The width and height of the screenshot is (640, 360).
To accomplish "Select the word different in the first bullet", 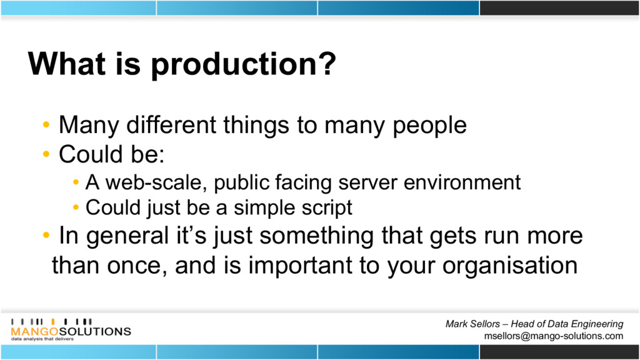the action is (171, 124).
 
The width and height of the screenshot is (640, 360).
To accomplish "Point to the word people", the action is (430, 126).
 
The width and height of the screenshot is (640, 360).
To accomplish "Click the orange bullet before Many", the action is (46, 124).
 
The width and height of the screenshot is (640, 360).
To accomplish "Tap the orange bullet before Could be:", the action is (46, 154).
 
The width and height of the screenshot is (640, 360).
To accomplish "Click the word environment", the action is (462, 182).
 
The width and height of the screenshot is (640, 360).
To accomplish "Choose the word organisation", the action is (510, 266).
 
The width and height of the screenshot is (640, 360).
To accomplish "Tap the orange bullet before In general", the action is (46, 236).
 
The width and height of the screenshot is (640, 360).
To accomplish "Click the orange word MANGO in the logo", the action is (35, 331).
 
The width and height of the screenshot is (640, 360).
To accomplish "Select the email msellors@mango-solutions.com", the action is (554, 336).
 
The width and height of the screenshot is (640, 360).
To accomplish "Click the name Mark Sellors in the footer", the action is (472, 324).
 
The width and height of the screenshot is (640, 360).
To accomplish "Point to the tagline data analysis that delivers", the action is (42, 339).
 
